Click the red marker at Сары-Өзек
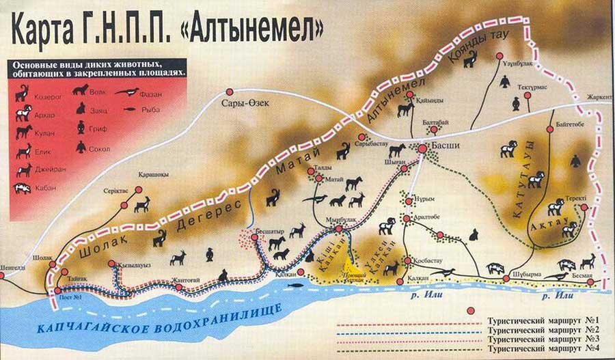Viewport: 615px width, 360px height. point(230,92)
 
